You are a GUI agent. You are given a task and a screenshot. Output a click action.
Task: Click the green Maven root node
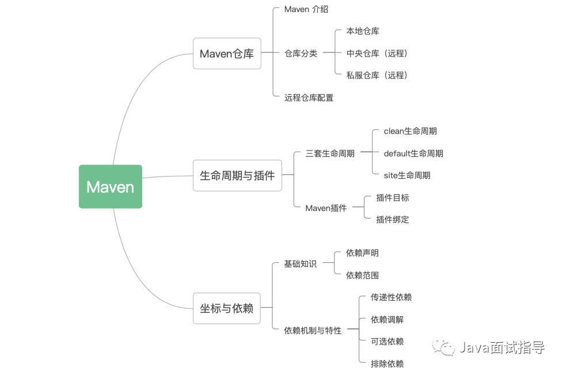click(x=110, y=187)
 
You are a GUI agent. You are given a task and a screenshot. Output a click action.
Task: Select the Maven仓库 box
click(x=227, y=53)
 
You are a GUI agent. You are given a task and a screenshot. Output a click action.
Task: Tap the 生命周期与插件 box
click(x=237, y=175)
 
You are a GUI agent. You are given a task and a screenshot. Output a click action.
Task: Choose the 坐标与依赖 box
click(x=227, y=308)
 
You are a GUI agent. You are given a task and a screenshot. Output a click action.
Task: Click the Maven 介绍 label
click(x=306, y=9)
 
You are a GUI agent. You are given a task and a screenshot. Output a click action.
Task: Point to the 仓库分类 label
click(x=300, y=53)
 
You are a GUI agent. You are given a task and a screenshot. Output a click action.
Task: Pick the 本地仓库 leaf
click(x=363, y=31)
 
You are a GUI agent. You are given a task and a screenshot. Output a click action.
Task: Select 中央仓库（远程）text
click(x=376, y=53)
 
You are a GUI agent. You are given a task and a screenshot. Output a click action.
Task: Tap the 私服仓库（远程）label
click(x=376, y=75)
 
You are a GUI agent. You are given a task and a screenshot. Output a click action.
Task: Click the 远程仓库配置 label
click(x=309, y=98)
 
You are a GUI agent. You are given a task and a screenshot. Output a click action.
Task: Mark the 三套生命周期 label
click(x=330, y=154)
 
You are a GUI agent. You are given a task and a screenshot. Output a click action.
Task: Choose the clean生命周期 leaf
click(x=410, y=131)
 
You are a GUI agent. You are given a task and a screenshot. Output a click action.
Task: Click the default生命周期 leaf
click(x=413, y=154)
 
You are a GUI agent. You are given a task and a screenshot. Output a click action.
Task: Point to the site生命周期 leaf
click(x=406, y=175)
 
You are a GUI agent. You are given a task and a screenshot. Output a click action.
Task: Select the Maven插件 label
click(x=326, y=208)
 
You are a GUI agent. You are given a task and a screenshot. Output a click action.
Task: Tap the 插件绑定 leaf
click(x=393, y=220)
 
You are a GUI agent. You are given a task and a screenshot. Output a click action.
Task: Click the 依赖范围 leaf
click(x=362, y=275)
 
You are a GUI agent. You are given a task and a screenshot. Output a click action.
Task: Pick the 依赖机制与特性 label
click(x=313, y=331)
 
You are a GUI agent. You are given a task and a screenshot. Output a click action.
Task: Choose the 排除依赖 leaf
click(x=387, y=364)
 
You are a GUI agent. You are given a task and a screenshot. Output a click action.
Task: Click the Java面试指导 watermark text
click(x=500, y=347)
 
